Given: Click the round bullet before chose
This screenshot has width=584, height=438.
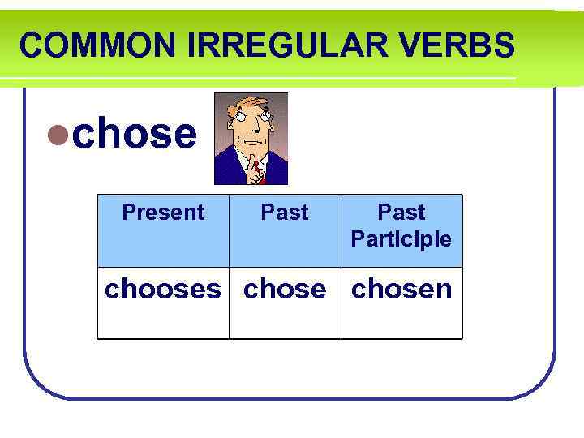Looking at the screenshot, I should (x=58, y=135).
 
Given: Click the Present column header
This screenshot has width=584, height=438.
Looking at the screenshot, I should (x=163, y=213).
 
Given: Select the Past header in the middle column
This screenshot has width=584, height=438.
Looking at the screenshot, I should (x=285, y=213).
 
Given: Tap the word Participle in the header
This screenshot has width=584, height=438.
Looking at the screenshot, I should (x=401, y=239).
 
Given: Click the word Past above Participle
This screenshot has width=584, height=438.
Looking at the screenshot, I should (x=401, y=213).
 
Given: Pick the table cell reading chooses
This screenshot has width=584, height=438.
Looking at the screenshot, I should (x=163, y=290).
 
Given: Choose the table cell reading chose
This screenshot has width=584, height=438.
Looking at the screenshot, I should (x=285, y=290).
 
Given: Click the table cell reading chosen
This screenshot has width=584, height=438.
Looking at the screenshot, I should (x=401, y=290).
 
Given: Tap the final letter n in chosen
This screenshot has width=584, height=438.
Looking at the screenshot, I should (x=442, y=290).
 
